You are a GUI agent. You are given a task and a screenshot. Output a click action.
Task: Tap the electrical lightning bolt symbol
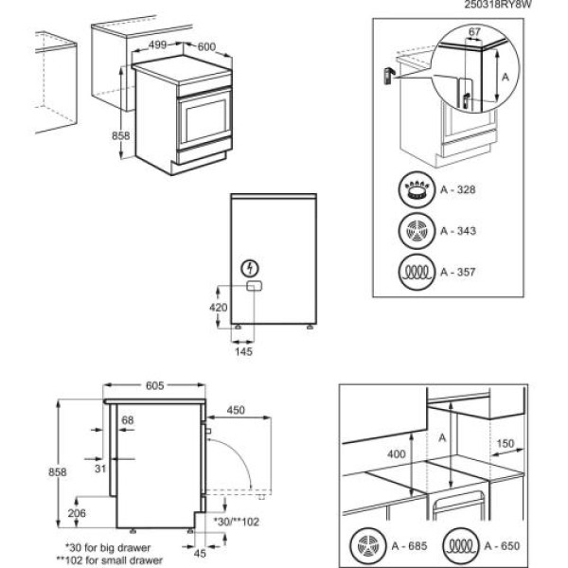point(250,268)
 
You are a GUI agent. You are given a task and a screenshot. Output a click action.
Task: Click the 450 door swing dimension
point(238,411)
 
